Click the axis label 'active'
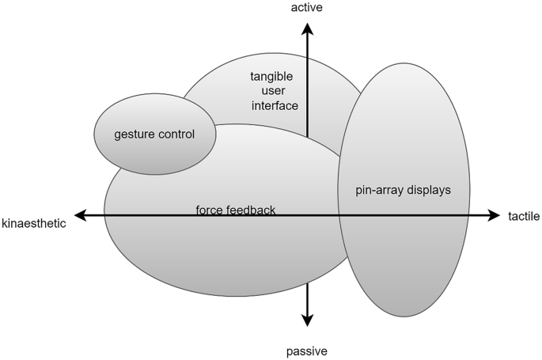click(307, 8)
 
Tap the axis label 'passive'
click(307, 351)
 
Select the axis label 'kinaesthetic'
click(34, 223)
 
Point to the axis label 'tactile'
click(524, 216)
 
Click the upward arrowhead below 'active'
click(308, 29)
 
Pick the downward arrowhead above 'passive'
click(308, 320)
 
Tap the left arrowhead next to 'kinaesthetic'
click(80, 214)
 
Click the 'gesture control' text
click(154, 134)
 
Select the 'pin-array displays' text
click(404, 191)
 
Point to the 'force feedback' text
click(236, 210)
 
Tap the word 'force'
click(209, 210)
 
